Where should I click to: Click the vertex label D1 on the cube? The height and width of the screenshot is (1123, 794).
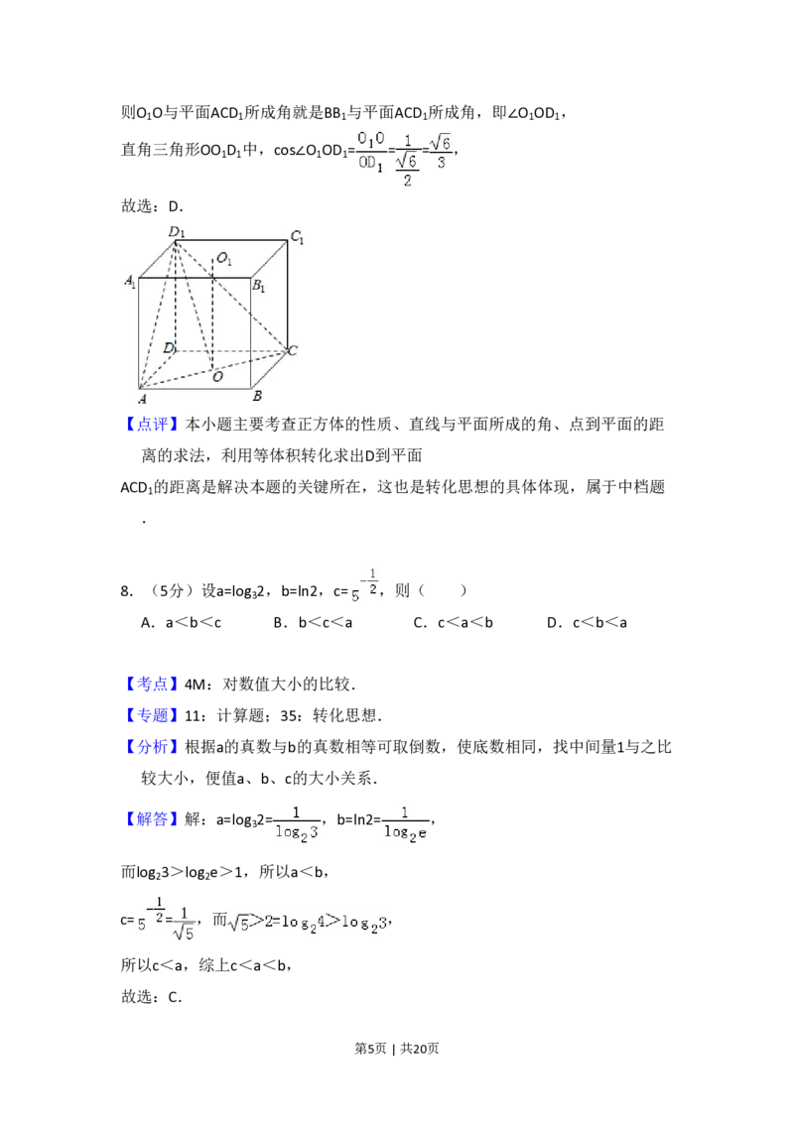click(176, 232)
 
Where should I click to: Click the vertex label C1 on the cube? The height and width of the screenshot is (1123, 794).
click(296, 237)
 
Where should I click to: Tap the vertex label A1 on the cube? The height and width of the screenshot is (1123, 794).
click(130, 282)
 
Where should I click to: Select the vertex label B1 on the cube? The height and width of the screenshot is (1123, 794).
click(257, 287)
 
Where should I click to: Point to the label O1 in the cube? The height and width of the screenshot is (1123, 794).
click(224, 259)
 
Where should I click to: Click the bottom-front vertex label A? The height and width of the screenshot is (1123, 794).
click(143, 399)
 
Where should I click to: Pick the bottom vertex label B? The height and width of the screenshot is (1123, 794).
click(257, 397)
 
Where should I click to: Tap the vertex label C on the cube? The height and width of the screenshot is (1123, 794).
click(293, 351)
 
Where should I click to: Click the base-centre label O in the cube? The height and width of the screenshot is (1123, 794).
click(216, 377)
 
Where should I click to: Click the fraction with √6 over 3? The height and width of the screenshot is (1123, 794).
click(442, 152)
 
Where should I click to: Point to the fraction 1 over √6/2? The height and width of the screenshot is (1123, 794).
click(406, 161)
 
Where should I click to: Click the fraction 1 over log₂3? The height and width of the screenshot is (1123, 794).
click(297, 824)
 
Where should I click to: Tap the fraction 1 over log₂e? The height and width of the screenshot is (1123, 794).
click(408, 824)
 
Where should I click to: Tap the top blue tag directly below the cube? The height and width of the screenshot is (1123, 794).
click(154, 425)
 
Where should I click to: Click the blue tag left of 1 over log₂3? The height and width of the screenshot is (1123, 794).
click(154, 820)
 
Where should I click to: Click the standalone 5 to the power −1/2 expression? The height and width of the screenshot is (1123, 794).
click(361, 587)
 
